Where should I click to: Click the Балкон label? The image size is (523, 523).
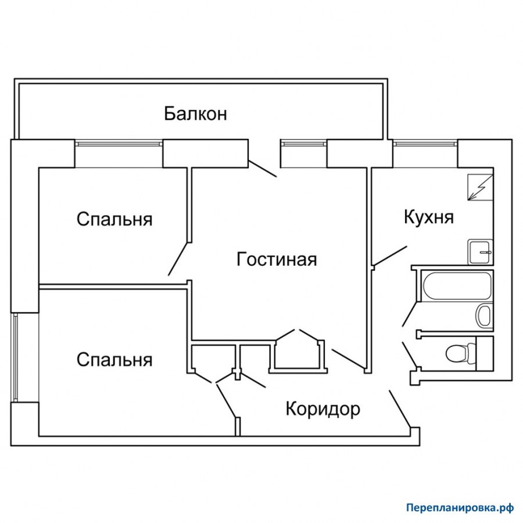[x=195, y=113]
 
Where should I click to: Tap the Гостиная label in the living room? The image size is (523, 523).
[x=277, y=259]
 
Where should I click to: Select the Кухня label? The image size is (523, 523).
[x=429, y=217]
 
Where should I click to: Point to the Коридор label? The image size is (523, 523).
[x=323, y=409]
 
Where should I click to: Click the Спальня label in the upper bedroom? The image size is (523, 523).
[x=114, y=220]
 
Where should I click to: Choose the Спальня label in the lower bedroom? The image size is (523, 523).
[x=114, y=360]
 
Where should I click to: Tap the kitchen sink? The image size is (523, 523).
[x=481, y=252]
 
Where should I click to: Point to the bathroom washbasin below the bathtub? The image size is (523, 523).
[x=483, y=316]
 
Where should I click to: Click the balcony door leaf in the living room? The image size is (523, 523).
[x=262, y=168]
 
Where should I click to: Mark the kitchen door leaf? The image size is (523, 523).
[x=390, y=256]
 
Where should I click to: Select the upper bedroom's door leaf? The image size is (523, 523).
[x=178, y=259]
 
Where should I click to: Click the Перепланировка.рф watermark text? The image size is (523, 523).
[x=460, y=507]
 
